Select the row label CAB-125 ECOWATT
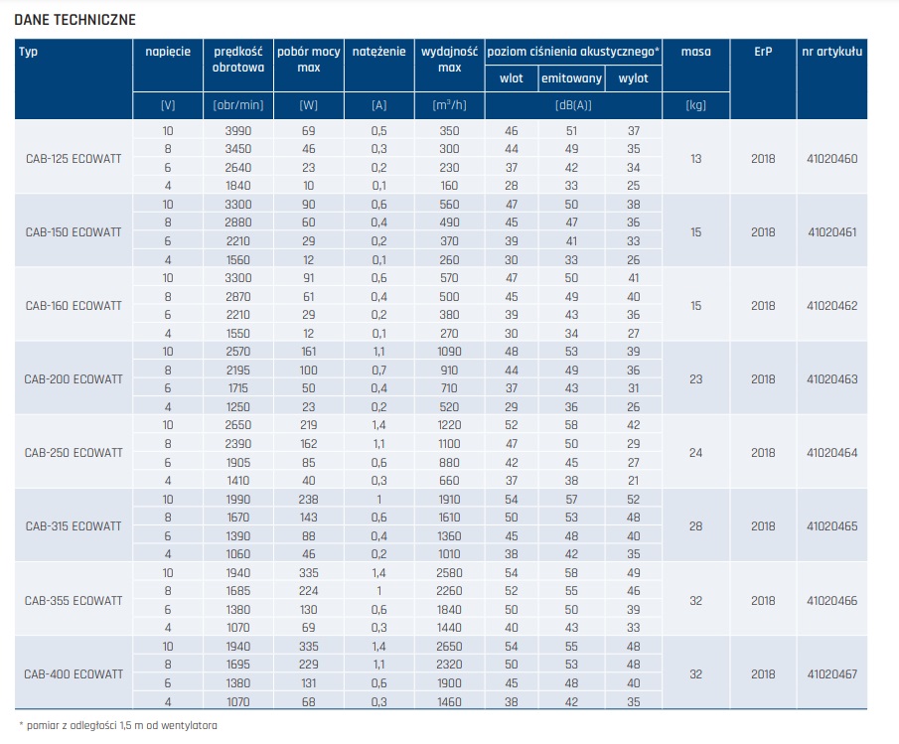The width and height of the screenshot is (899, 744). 74,158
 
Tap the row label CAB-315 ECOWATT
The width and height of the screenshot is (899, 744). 74,525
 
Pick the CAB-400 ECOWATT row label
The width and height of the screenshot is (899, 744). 74,673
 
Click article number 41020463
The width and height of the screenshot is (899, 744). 832,378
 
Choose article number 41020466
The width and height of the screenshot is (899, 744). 832,600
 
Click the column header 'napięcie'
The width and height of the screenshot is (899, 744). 168,52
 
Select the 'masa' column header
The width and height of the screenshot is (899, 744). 695,52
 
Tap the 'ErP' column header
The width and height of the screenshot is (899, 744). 763,52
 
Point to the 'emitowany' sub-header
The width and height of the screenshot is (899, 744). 571,77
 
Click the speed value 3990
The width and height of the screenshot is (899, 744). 238,131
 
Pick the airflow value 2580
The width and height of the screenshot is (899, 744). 450,574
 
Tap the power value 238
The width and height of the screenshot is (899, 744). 309,500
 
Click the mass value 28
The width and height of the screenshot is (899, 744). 695,525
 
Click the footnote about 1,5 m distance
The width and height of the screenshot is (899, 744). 118,725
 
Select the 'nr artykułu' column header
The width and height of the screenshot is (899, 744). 832,52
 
